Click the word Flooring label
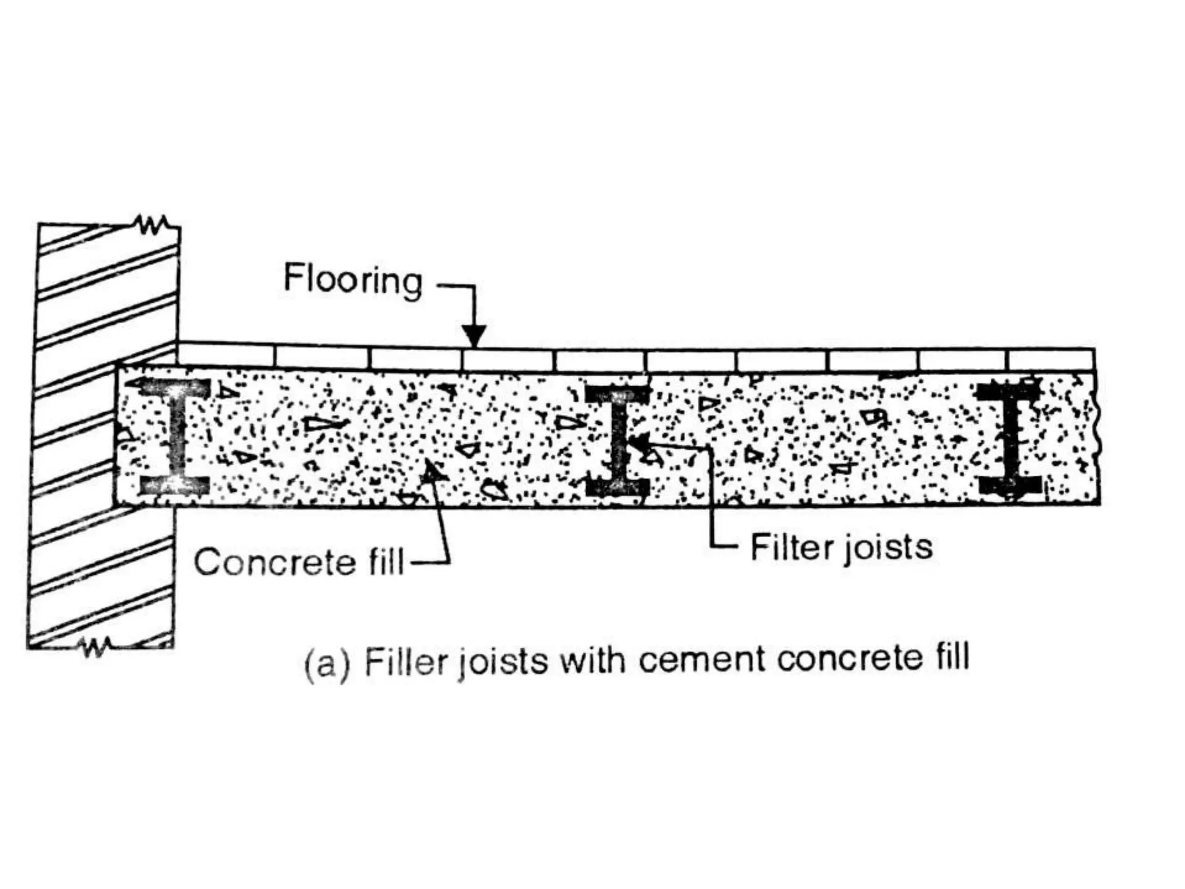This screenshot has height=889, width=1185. point(353,280)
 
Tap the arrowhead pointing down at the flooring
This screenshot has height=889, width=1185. point(474,336)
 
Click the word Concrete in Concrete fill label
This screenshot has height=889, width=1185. point(274,563)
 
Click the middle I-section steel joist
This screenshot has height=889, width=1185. point(617,440)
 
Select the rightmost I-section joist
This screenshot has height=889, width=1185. point(1009,440)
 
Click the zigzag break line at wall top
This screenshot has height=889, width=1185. point(152,225)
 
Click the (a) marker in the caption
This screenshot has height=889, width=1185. point(327,664)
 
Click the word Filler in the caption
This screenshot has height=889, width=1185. point(407,662)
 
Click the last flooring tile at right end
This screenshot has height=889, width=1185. point(1051,359)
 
